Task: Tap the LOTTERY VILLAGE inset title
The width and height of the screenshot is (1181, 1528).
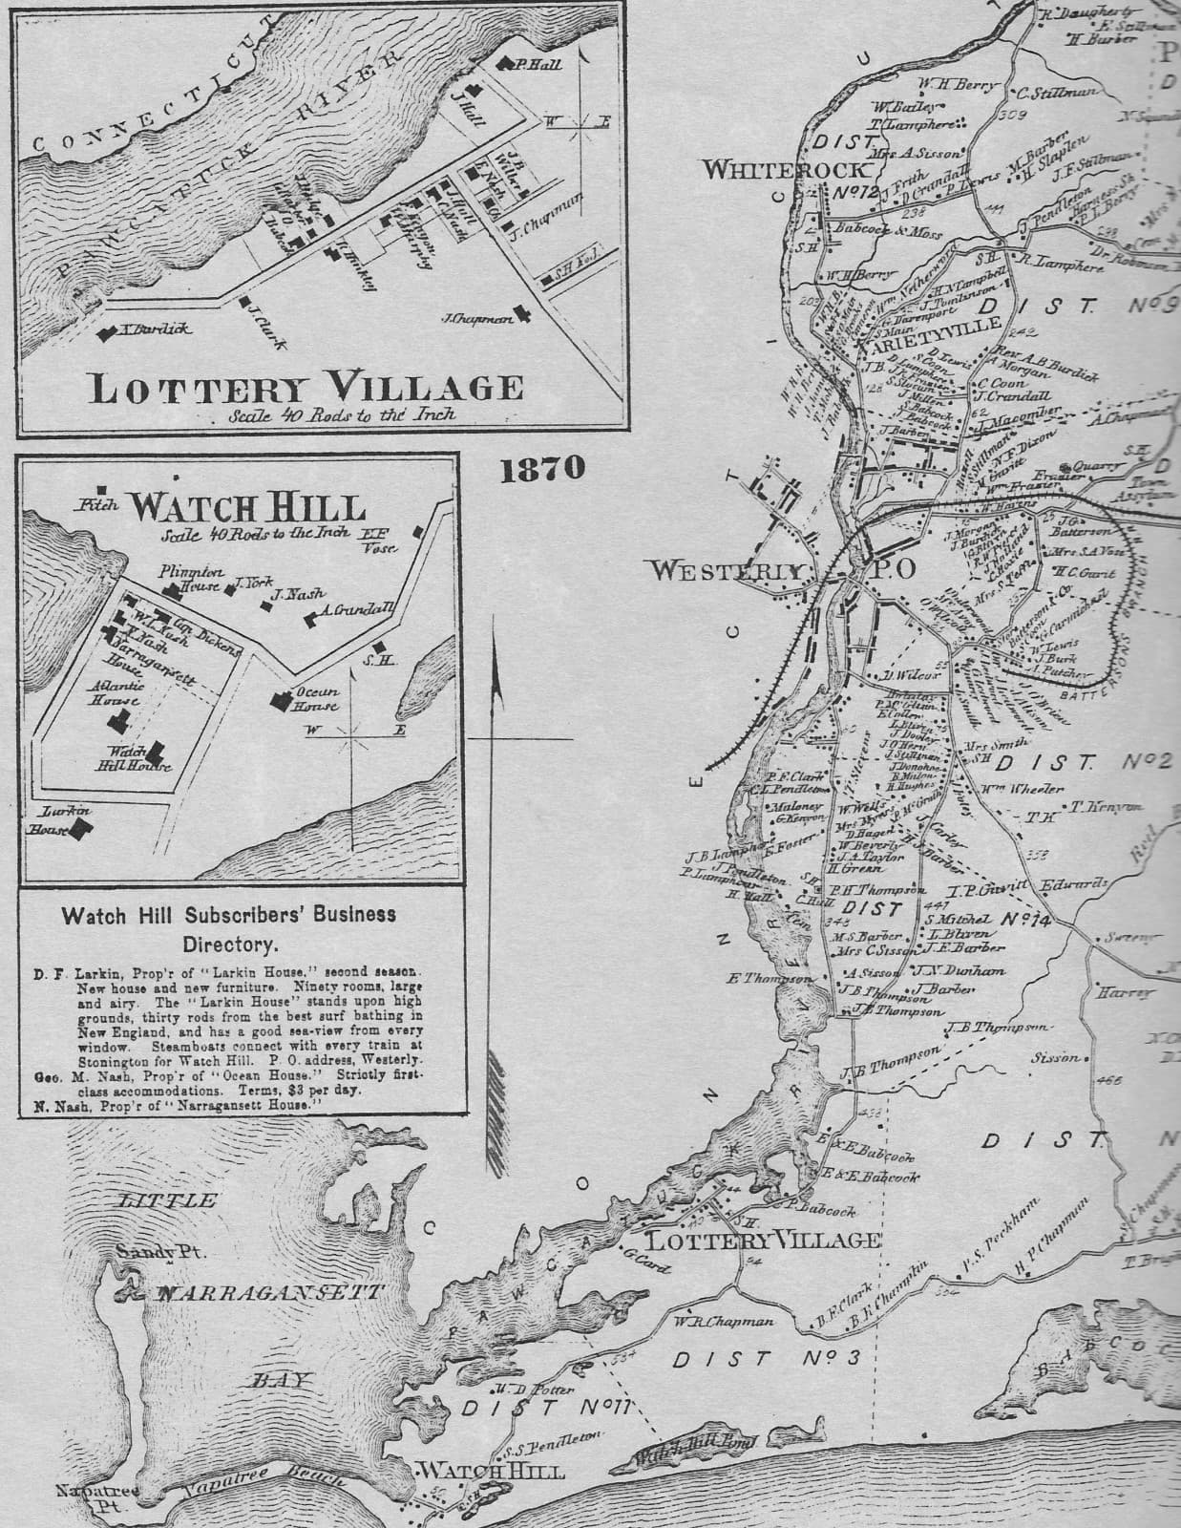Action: (306, 388)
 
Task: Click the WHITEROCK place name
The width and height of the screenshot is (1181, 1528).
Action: (788, 170)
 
